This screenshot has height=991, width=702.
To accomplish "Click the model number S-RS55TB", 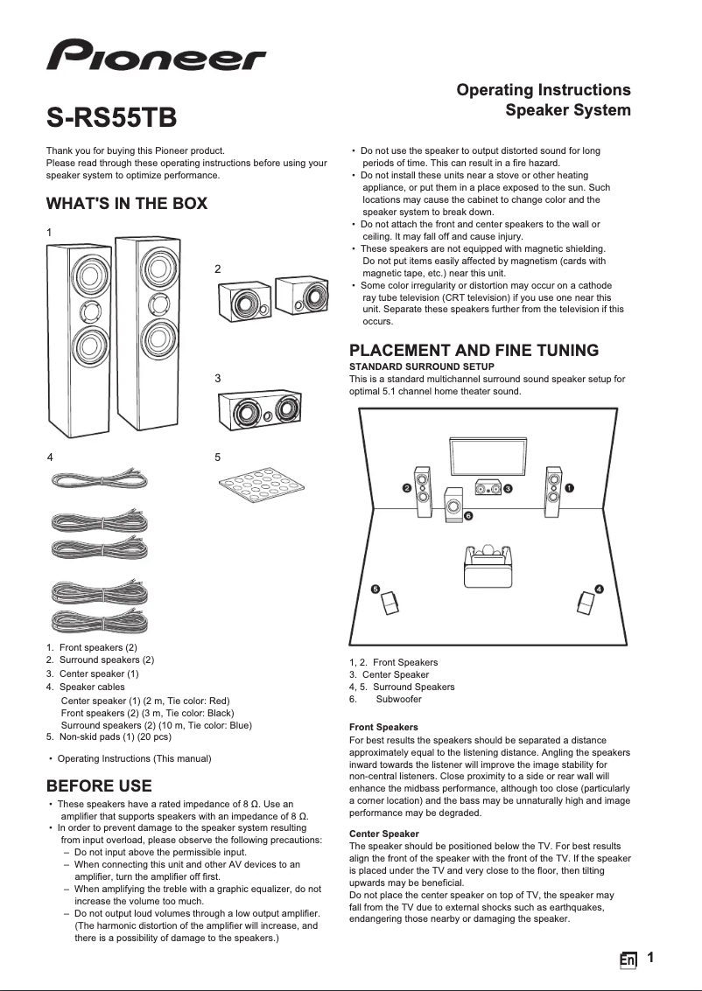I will [111, 117].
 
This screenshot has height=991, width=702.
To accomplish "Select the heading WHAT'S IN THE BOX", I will [126, 204].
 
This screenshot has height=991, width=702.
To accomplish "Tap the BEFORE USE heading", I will [98, 785].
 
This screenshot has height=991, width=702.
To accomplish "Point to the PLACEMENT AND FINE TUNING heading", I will [474, 350].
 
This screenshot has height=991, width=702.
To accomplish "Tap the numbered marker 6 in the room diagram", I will [468, 517].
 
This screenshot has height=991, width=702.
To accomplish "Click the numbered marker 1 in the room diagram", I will [570, 486].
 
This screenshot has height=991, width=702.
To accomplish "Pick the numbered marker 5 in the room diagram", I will [376, 590].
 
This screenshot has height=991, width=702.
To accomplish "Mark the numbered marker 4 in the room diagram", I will [599, 590].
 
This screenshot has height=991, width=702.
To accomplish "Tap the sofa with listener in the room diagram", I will [488, 564].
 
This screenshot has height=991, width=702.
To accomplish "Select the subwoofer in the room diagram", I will [453, 505].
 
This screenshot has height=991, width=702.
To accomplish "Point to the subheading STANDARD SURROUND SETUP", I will [421, 366].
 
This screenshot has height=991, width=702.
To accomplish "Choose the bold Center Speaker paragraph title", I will [383, 834].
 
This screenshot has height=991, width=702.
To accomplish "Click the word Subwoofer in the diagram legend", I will [398, 699].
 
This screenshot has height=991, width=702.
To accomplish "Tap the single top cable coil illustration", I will [97, 479].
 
